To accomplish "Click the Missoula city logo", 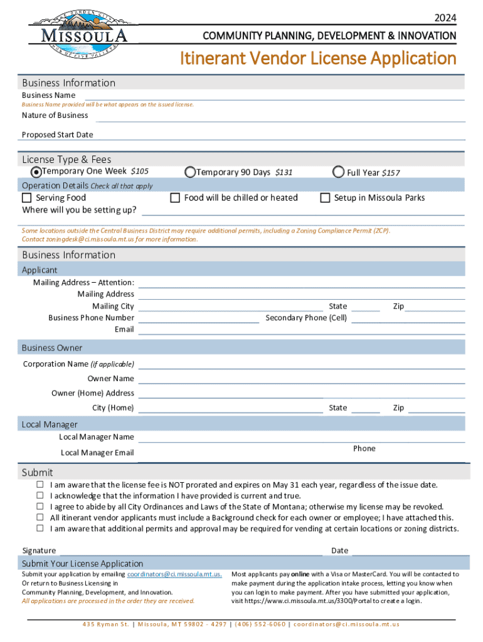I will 78,33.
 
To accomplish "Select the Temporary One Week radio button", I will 36,172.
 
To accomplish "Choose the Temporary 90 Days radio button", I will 189,172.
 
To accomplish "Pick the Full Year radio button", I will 339,172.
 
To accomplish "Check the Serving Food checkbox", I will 26,198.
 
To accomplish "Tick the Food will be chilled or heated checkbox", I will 176,198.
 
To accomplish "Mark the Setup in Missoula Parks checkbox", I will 325,198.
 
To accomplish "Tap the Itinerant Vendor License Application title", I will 318,58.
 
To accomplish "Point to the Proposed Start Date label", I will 57,135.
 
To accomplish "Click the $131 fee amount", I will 284,172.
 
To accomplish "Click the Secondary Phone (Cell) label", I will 306,318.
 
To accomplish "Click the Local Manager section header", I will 50,424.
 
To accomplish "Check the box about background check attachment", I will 40,518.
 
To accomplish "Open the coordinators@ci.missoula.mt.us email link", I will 174,574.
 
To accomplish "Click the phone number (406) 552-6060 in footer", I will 260,624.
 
